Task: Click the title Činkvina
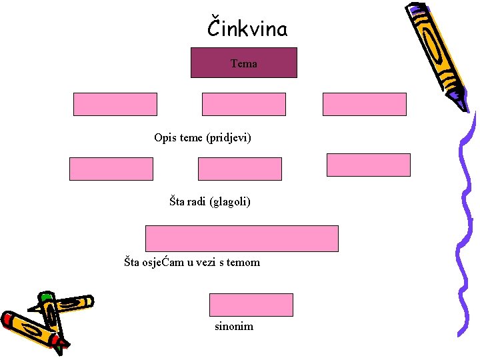click(x=247, y=29)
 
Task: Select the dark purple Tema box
click(x=244, y=63)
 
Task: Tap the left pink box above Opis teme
click(x=115, y=104)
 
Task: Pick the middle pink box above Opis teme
click(x=243, y=104)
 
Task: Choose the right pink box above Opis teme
click(x=364, y=104)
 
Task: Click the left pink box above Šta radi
click(x=111, y=169)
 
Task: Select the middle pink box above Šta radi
click(x=240, y=169)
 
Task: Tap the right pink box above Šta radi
click(x=368, y=165)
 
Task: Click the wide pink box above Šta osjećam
click(x=242, y=238)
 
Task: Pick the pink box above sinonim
click(x=251, y=305)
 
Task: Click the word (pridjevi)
click(x=229, y=138)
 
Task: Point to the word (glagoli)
click(x=230, y=201)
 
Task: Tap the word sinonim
click(x=233, y=327)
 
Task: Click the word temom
click(x=243, y=263)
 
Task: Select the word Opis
click(x=165, y=138)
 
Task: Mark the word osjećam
click(x=164, y=263)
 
